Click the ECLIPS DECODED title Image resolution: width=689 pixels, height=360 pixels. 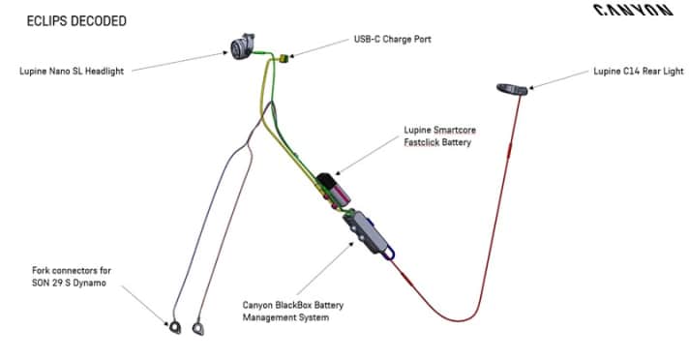click(x=69, y=20)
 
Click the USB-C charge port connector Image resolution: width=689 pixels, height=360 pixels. click(x=283, y=59)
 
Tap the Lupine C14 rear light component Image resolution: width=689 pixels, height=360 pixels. click(x=512, y=89)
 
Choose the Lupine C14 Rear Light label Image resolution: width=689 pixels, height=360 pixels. click(x=639, y=71)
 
